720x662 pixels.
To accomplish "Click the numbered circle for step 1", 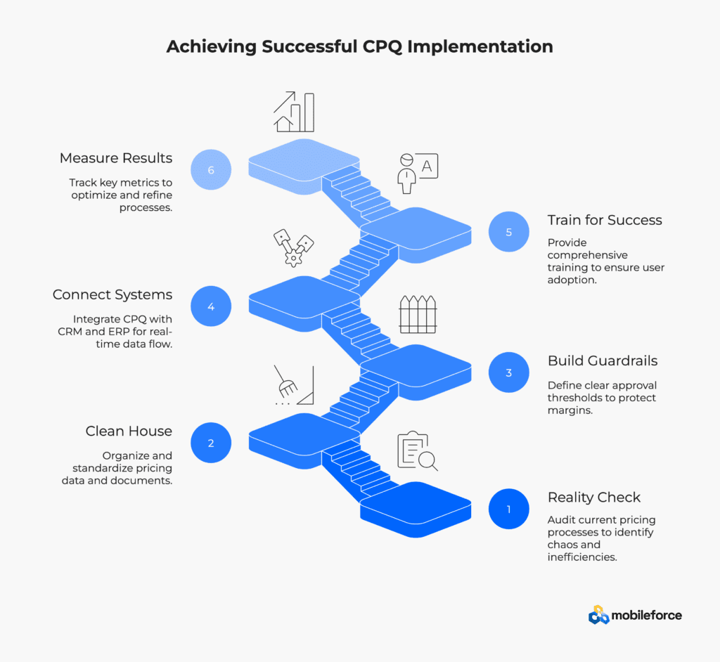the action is [509, 509].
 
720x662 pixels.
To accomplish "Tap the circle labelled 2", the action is [211, 443].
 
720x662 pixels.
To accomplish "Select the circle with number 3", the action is [509, 372].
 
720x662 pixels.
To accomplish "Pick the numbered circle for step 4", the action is [211, 306].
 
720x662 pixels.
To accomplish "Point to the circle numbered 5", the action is [509, 232].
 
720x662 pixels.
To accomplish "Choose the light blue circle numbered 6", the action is [211, 169].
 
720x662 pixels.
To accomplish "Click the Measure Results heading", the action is [116, 158].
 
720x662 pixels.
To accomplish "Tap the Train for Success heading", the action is [605, 220].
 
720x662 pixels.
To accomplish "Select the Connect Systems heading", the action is [112, 294].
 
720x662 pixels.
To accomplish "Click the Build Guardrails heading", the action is [603, 361].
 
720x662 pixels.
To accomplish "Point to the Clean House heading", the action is [129, 431].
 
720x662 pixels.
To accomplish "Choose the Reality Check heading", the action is [593, 497].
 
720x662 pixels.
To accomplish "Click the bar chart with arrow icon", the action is [294, 112].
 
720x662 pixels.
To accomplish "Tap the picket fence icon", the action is [418, 314].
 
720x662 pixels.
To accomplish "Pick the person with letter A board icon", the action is [418, 173].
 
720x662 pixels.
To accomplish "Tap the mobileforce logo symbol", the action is [598, 615].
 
